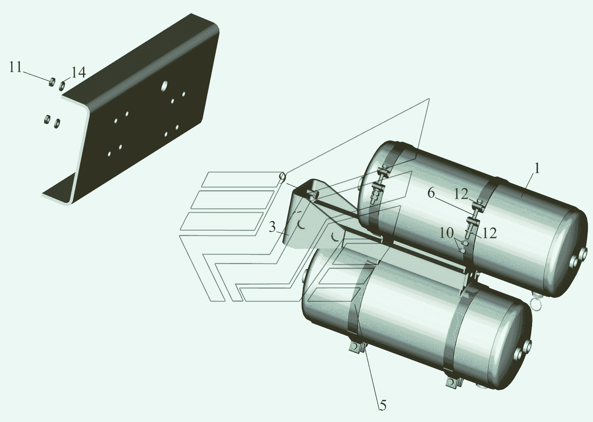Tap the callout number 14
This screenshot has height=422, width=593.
coord(78,72)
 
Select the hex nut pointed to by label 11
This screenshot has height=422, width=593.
coord(52,82)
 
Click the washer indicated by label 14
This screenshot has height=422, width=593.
coord(62,85)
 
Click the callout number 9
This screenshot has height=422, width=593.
coord(283,178)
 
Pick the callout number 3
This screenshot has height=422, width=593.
coord(272,227)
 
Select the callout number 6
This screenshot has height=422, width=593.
coord(431,193)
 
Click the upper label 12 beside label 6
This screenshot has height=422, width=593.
coord(461,194)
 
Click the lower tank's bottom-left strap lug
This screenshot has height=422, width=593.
coord(356,350)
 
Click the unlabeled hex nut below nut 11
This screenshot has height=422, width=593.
coord(47,119)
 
